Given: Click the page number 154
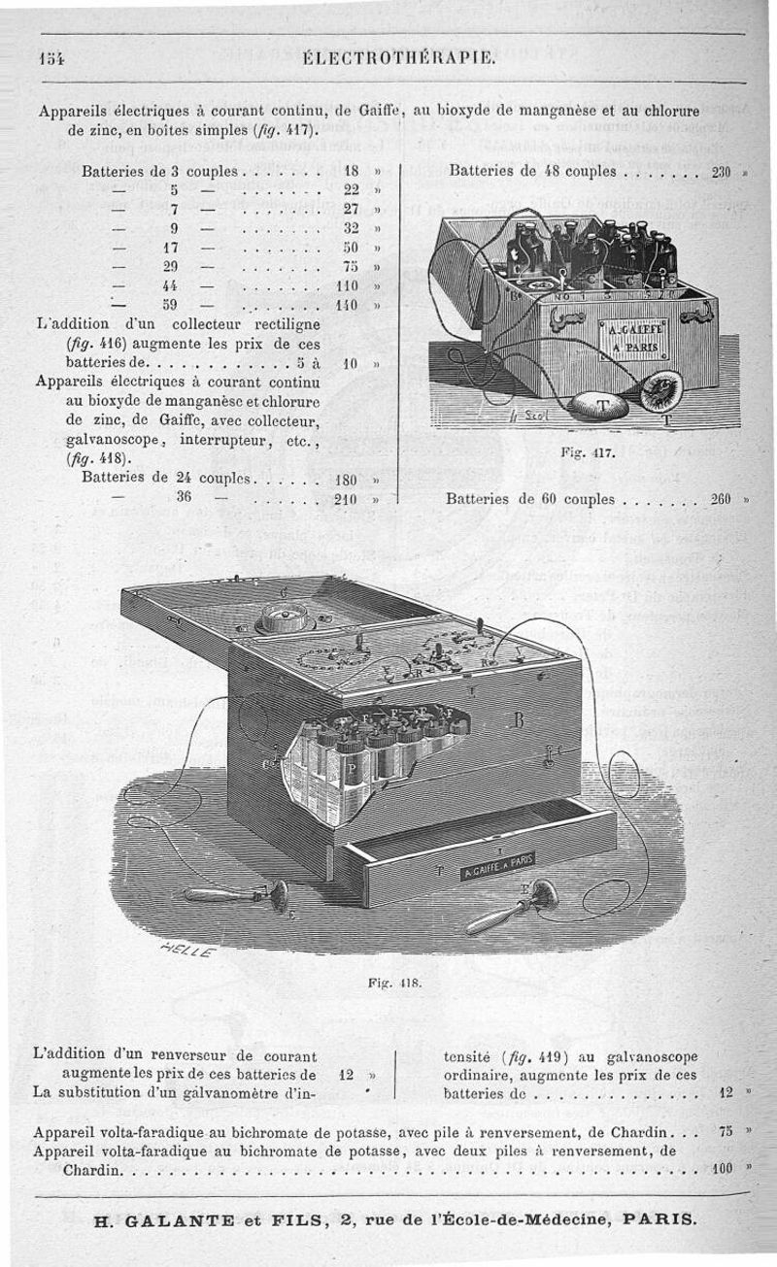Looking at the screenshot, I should pos(51,55).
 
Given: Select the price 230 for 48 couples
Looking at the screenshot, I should pos(721,173).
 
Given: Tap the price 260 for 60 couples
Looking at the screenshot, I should pos(721,499).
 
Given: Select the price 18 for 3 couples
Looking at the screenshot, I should pos(352,173).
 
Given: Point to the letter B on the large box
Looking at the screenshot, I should pos(519,719).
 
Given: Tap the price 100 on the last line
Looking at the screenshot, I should pos(721,1169).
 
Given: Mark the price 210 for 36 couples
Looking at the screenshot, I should pos(347,499).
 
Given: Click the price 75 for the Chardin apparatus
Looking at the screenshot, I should pos(724,1132).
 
